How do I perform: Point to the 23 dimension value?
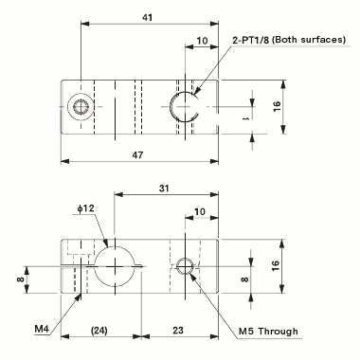pyautogui.click(x=178, y=331)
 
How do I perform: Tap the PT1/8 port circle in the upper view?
pyautogui.click(x=186, y=107)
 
